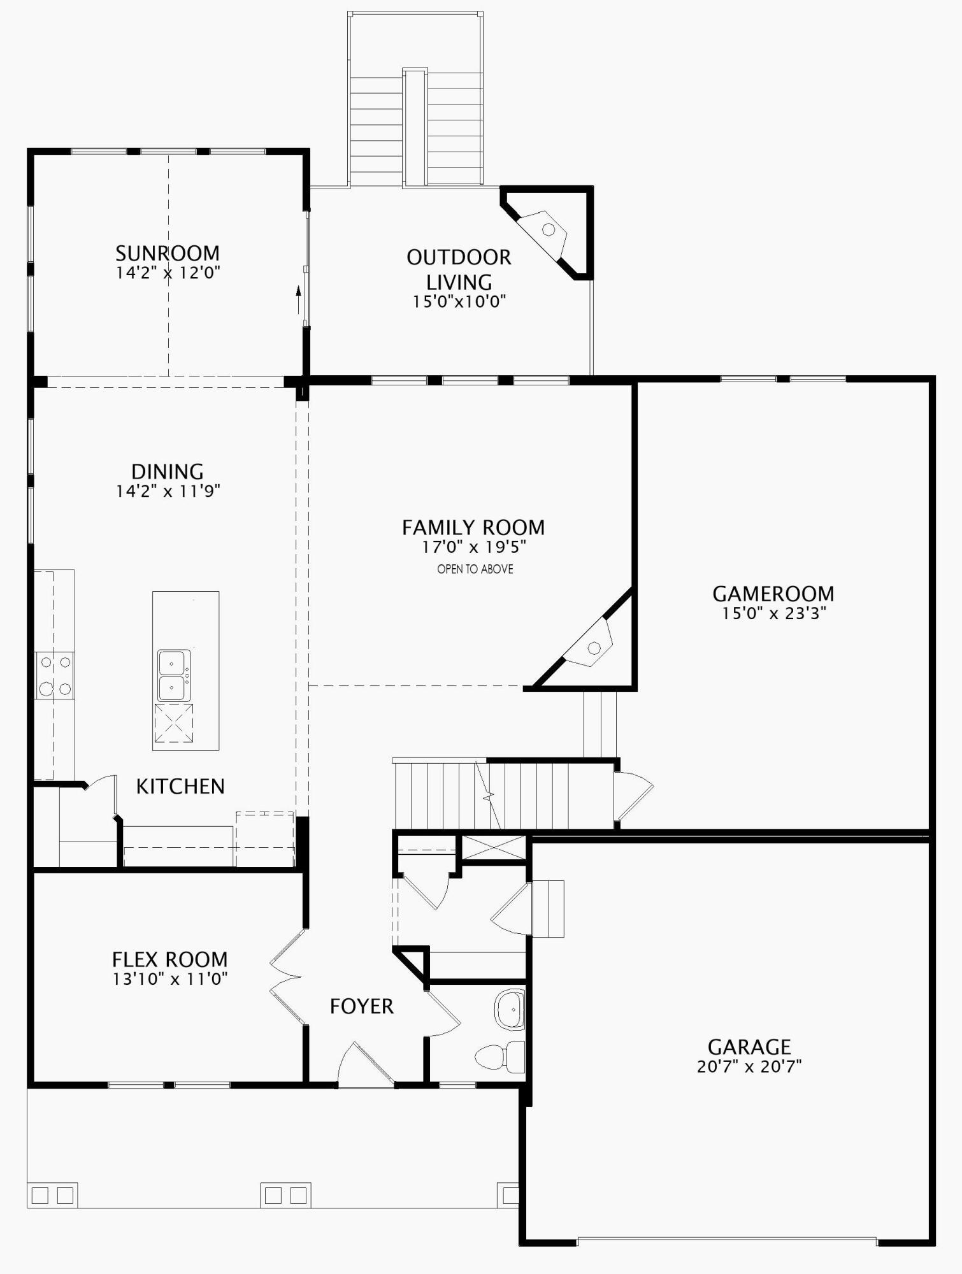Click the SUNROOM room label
[168, 254]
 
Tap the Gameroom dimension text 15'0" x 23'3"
[773, 613]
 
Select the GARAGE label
[749, 1047]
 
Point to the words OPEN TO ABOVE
[475, 569]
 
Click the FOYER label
[362, 1006]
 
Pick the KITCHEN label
[180, 787]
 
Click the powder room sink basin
[510, 1010]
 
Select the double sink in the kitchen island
[173, 675]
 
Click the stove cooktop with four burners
[55, 675]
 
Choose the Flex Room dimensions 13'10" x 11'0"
[170, 979]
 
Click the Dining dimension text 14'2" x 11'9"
[168, 491]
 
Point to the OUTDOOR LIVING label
[459, 269]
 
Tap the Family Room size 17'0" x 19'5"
[474, 547]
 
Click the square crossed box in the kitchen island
[174, 723]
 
